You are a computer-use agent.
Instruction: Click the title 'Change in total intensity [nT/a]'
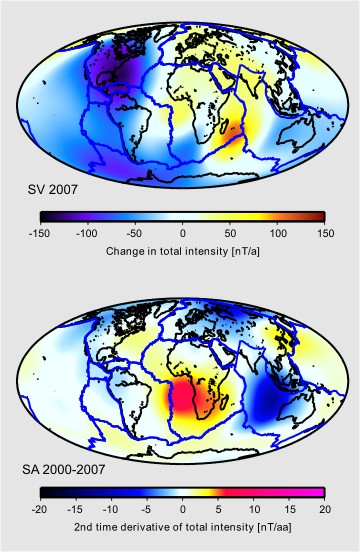[182, 250]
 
